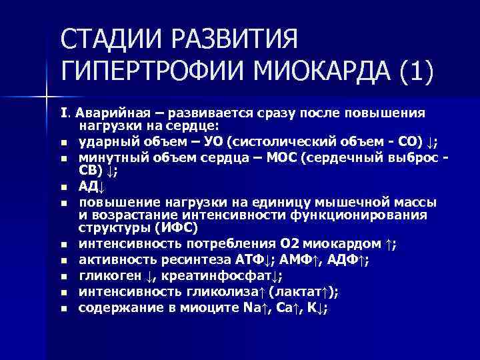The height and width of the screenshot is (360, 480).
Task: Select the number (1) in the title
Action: coord(414,70)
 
